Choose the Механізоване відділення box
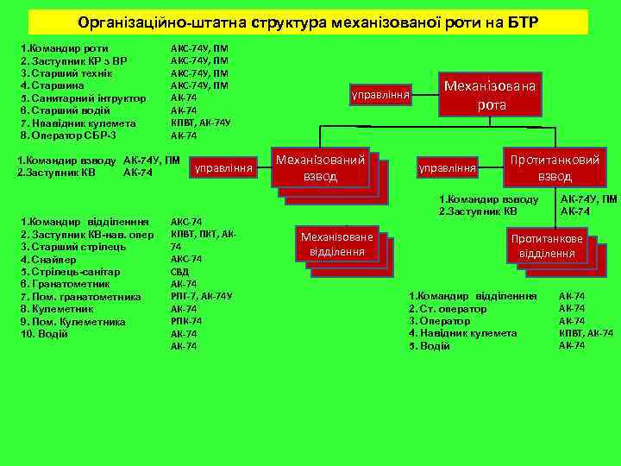pos(337,245)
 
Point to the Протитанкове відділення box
pos(547,246)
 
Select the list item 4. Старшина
pos(53,85)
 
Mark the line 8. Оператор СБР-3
pos(68,135)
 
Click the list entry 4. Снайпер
pos(50,259)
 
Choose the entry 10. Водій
pos(44,334)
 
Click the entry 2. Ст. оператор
pos(448,308)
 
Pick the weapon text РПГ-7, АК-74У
pos(201,296)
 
